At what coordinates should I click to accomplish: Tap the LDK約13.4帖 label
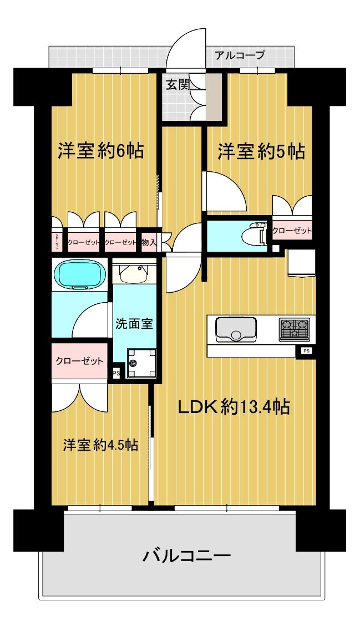[x=234, y=407]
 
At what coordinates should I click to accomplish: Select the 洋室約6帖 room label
[x=101, y=151]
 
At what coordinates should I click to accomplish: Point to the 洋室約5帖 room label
[x=261, y=151]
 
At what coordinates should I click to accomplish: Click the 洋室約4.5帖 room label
[x=100, y=445]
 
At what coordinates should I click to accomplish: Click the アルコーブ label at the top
[x=239, y=55]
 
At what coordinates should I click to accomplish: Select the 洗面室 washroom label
[x=134, y=324]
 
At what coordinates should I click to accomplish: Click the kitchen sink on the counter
[x=236, y=329]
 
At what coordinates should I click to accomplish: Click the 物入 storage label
[x=148, y=242]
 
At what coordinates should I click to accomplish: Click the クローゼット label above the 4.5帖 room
[x=79, y=361]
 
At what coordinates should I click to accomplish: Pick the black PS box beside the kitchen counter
[x=306, y=350]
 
